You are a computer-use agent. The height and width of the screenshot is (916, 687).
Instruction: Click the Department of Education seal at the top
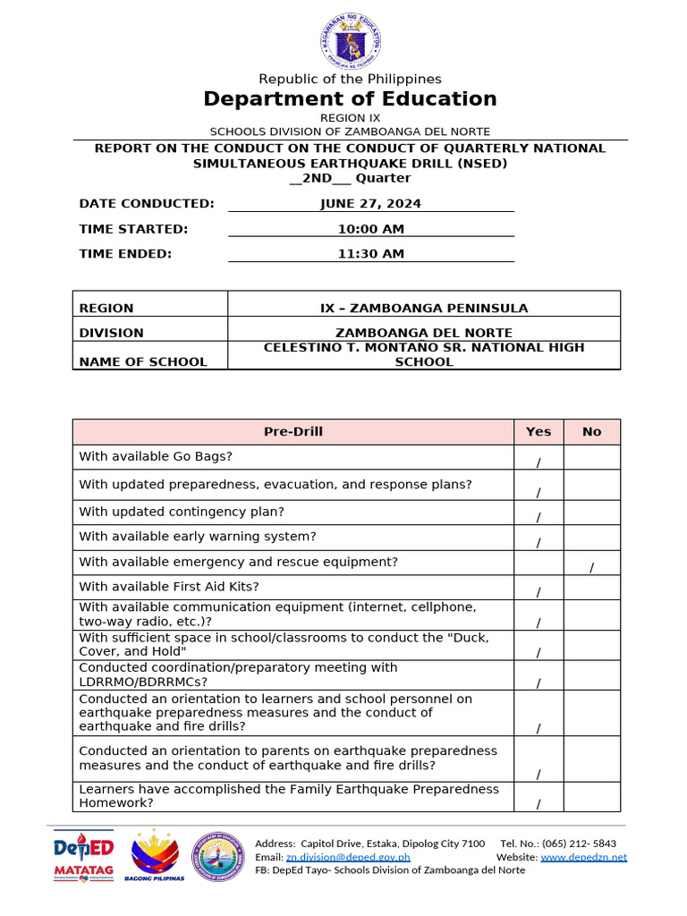[350, 41]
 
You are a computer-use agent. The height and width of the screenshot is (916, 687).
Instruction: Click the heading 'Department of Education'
[350, 98]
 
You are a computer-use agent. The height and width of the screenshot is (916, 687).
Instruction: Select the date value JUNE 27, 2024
[370, 203]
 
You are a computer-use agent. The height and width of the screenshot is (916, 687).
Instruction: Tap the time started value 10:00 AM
[370, 229]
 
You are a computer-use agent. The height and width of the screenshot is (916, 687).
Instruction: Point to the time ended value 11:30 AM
[370, 254]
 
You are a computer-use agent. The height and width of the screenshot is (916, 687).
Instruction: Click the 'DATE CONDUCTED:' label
[147, 203]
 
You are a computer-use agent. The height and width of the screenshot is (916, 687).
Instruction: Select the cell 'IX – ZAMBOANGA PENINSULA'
[424, 308]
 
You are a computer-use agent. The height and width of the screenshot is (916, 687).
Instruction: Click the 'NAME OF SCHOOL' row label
[143, 361]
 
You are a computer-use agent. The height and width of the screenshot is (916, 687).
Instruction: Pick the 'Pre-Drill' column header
[293, 431]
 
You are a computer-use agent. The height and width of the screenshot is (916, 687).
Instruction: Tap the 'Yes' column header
[539, 431]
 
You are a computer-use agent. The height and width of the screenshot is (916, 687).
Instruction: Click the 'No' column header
[591, 431]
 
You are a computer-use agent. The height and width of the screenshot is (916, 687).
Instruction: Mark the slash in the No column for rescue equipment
[591, 567]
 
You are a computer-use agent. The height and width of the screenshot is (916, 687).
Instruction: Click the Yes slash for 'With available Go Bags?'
[539, 462]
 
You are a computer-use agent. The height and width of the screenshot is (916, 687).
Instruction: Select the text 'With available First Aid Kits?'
[169, 587]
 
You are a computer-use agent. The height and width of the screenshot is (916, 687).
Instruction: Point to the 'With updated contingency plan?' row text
[182, 512]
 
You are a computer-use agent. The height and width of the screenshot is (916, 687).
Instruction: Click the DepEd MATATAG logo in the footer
[83, 857]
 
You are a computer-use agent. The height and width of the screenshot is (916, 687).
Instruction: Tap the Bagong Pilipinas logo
[158, 857]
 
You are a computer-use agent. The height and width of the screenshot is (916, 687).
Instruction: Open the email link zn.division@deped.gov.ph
[348, 857]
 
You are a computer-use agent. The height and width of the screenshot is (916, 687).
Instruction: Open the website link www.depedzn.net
[583, 857]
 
